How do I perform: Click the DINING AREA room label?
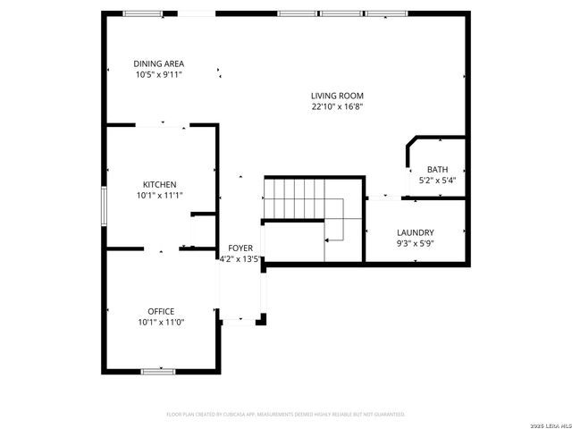(x=159, y=63)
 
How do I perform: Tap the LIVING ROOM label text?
(x=337, y=96)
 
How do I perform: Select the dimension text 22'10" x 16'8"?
(x=337, y=106)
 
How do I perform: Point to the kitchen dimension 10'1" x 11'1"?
(x=160, y=195)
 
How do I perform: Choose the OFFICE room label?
(x=161, y=311)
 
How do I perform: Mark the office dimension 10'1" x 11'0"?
(x=160, y=322)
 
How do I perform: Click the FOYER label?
(x=240, y=248)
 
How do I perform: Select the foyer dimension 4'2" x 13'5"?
(x=240, y=260)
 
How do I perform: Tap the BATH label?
(x=437, y=170)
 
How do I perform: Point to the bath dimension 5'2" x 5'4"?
(x=437, y=181)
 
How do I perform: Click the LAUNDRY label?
(x=415, y=231)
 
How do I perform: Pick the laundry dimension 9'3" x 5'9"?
(x=415, y=242)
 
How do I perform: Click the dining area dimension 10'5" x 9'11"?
(x=159, y=75)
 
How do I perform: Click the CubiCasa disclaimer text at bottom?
(x=286, y=415)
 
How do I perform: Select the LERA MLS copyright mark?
(x=546, y=423)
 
